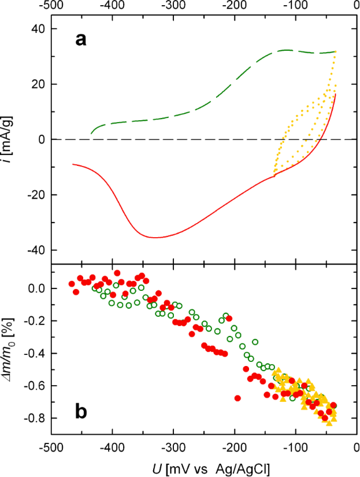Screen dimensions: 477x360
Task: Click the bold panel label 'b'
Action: point(81,411)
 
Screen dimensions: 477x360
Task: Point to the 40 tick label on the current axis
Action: point(39,29)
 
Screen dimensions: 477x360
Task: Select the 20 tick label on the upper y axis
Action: point(39,84)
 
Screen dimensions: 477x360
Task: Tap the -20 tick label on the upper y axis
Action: point(36,195)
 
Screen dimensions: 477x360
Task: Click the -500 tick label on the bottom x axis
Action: point(51,448)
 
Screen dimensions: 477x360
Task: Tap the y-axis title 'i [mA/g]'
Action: point(10,139)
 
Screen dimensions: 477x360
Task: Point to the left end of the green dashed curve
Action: point(91,134)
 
